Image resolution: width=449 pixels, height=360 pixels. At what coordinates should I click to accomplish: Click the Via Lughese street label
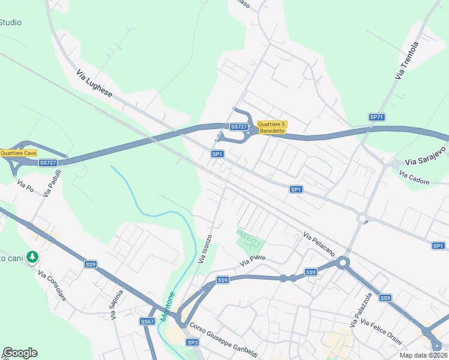pyautogui.click(x=95, y=84)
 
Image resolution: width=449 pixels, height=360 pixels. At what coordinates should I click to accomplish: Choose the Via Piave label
pyautogui.click(x=253, y=262)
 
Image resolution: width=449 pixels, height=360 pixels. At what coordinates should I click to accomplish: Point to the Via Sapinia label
pyautogui.click(x=117, y=305)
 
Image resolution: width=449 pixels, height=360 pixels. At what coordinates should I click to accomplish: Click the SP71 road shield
pyautogui.click(x=376, y=117)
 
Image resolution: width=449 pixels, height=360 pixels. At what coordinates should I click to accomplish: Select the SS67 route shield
pyautogui.click(x=147, y=322)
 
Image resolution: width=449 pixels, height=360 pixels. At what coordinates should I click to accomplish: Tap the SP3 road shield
pyautogui.click(x=192, y=342)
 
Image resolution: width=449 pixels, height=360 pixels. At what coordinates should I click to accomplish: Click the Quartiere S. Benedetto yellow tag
pyautogui.click(x=272, y=127)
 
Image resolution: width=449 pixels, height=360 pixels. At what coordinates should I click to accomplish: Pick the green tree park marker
pyautogui.click(x=32, y=257)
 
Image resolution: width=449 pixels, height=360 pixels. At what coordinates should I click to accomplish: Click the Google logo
pyautogui.click(x=20, y=353)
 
